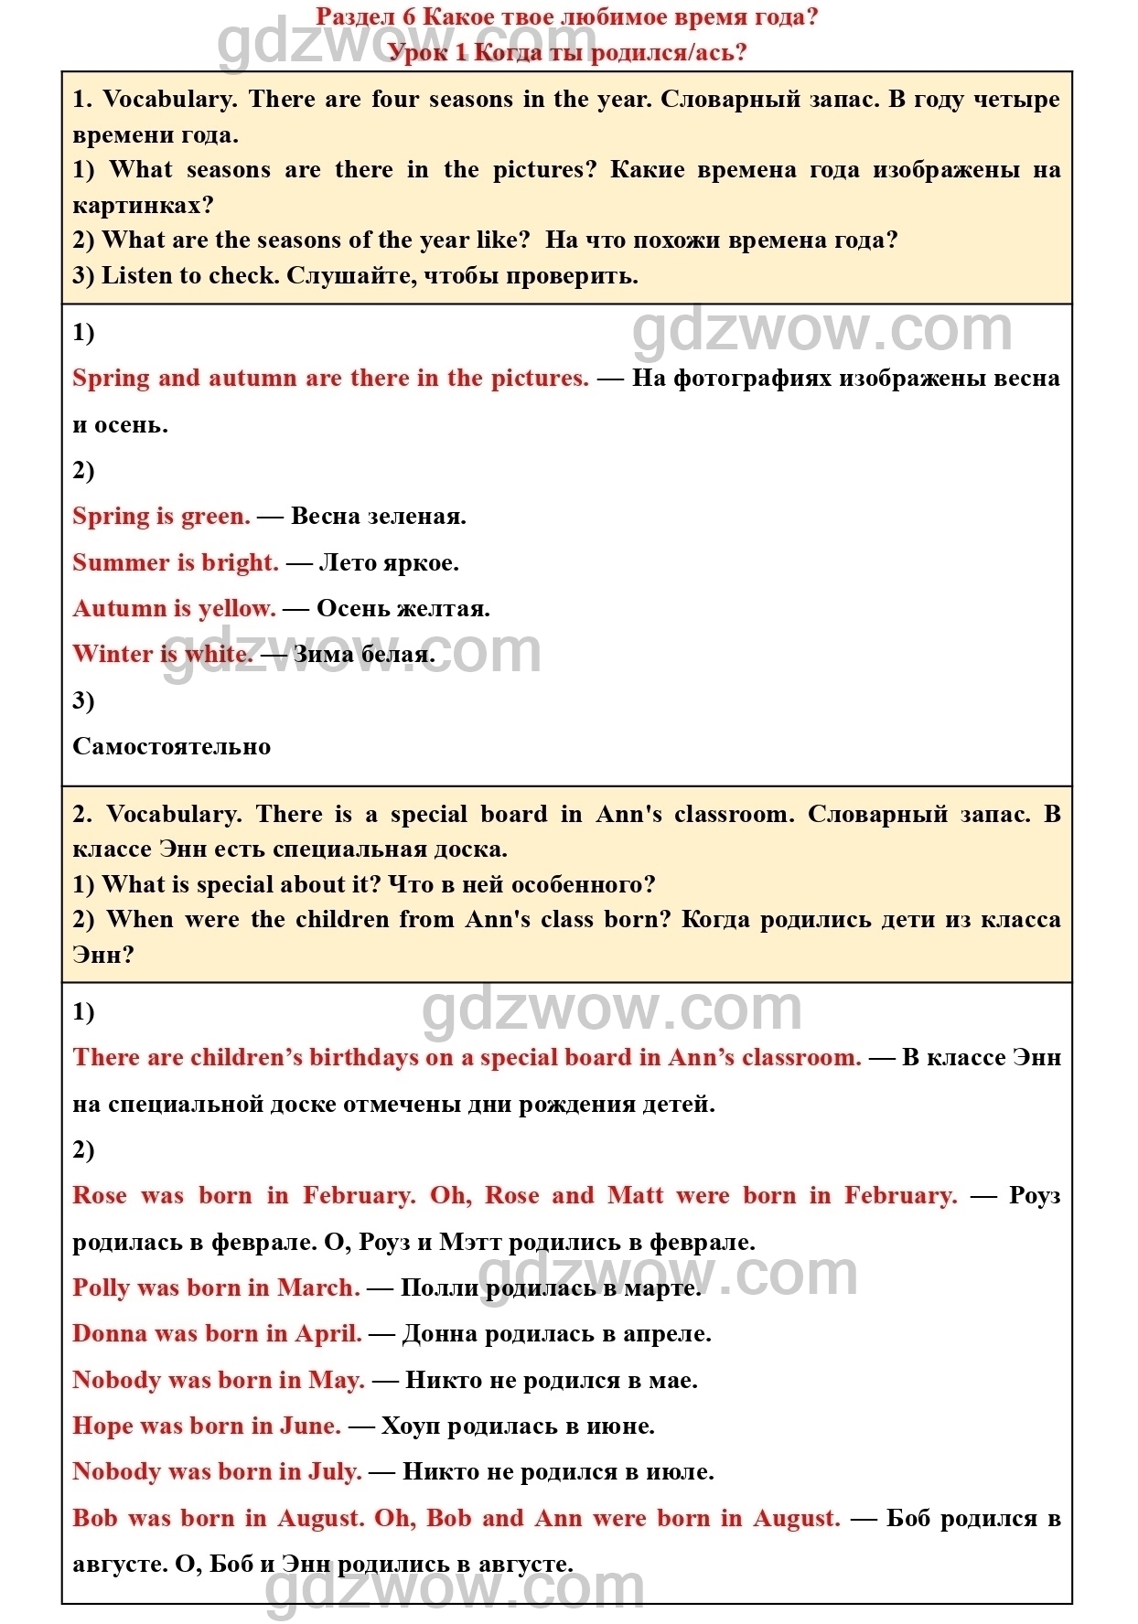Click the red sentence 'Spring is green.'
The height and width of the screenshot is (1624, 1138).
161,517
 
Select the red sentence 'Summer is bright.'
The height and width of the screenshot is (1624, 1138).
176,562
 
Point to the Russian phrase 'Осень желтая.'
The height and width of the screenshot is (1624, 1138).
403,608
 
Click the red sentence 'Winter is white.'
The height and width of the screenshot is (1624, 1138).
163,654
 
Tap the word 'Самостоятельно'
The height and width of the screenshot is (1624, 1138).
172,746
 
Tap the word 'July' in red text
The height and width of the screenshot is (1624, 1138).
333,1471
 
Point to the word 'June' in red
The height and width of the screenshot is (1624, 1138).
309,1426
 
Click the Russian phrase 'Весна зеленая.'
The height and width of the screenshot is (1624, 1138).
378,517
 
